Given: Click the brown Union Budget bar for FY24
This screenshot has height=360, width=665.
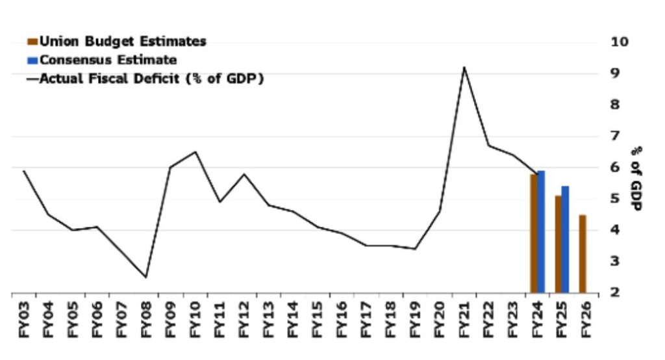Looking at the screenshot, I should click(534, 234).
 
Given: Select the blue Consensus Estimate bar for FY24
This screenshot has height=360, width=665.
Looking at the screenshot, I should click(542, 232).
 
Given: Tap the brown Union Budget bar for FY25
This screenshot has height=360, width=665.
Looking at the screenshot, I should click(558, 244).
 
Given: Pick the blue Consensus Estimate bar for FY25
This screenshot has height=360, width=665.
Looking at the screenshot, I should click(566, 240).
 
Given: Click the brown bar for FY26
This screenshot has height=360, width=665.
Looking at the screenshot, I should click(583, 254).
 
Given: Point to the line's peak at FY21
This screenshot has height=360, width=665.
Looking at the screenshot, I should click(464, 67).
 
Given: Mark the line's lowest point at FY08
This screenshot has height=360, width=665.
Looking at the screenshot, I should click(145, 277).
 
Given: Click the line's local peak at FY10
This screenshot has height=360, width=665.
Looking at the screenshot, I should click(194, 152).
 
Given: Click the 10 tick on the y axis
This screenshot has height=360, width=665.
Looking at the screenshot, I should click(620, 42).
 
